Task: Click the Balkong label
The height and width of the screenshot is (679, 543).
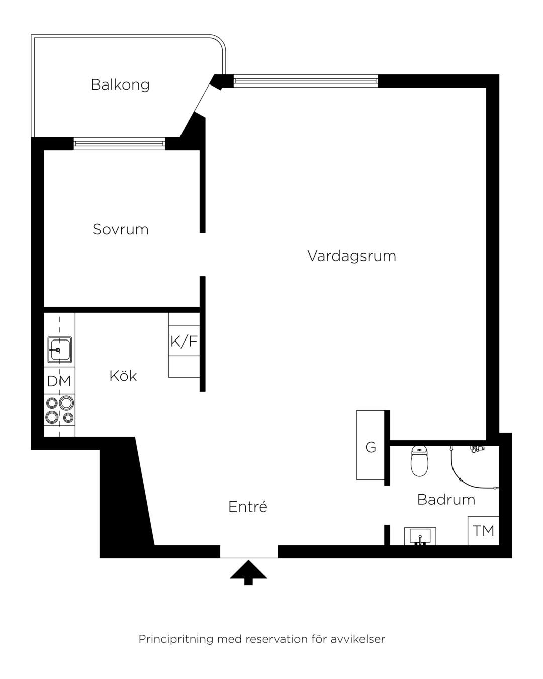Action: pos(120,85)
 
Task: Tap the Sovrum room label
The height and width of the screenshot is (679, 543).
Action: pos(120,229)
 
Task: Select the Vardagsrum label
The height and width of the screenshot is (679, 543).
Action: pos(351,256)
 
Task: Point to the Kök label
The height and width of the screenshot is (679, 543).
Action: pos(123,376)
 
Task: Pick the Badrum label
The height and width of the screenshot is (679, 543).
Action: pos(446,500)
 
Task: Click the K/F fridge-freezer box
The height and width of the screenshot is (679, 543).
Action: pos(184,341)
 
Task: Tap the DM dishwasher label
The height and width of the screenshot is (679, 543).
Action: pos(59,381)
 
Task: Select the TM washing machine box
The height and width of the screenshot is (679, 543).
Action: pos(483,531)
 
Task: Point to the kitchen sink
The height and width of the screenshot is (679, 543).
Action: pos(60,350)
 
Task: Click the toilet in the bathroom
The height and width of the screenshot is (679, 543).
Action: pos(419,461)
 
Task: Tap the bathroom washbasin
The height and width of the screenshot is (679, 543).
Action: pos(420,536)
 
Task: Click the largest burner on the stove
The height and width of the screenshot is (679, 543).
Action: pos(66,403)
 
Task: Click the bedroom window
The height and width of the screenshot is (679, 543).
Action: pos(119,144)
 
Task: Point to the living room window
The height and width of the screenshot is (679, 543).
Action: pos(306,81)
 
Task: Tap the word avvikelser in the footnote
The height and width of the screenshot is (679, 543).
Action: pos(358,639)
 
